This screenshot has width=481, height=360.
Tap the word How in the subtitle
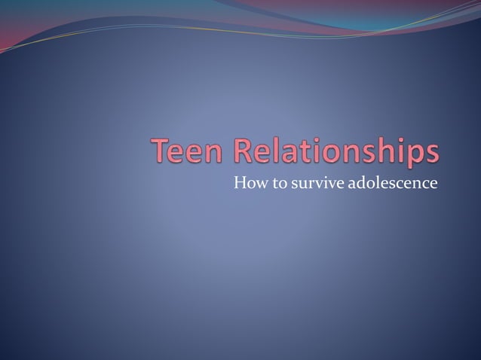tap(246, 182)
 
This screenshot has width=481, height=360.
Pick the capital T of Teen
tap(163, 151)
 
